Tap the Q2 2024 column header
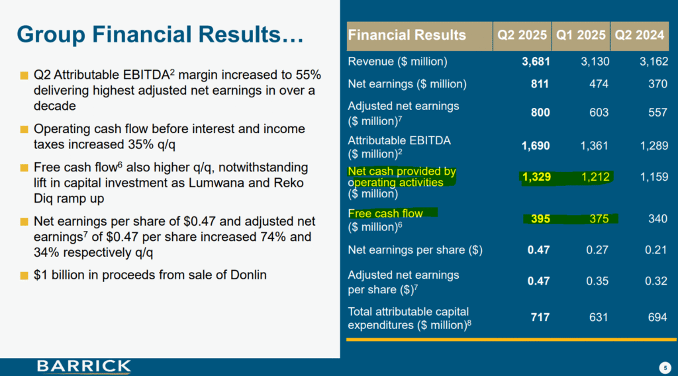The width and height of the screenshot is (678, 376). click(x=640, y=35)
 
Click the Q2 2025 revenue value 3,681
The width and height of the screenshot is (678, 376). click(x=536, y=62)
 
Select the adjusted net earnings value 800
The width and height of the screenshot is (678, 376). click(x=540, y=113)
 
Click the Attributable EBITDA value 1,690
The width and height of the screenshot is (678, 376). click(x=536, y=146)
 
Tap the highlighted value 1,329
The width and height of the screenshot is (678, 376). click(x=536, y=177)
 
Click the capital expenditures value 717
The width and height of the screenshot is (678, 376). click(x=540, y=318)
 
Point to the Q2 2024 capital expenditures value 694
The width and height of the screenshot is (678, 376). click(x=657, y=318)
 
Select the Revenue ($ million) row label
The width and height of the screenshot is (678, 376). click(x=397, y=62)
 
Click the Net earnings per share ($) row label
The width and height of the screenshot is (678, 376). click(x=415, y=250)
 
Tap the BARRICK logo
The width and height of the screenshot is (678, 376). click(x=84, y=366)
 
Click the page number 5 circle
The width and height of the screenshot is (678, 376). click(x=664, y=367)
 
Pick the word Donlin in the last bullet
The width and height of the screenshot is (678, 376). click(x=246, y=274)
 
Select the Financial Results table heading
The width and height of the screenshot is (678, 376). click(x=407, y=35)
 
